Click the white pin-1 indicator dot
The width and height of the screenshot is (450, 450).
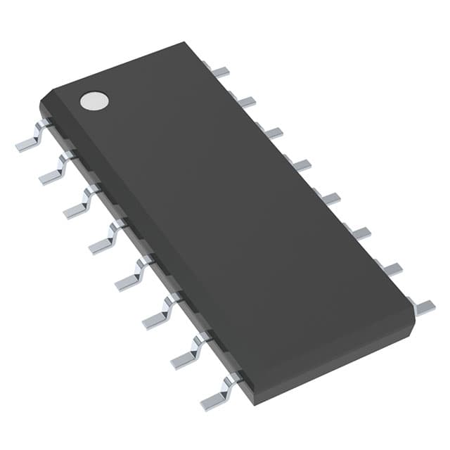pos(95,101)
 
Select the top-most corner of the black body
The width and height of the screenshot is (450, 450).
pos(184,42)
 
